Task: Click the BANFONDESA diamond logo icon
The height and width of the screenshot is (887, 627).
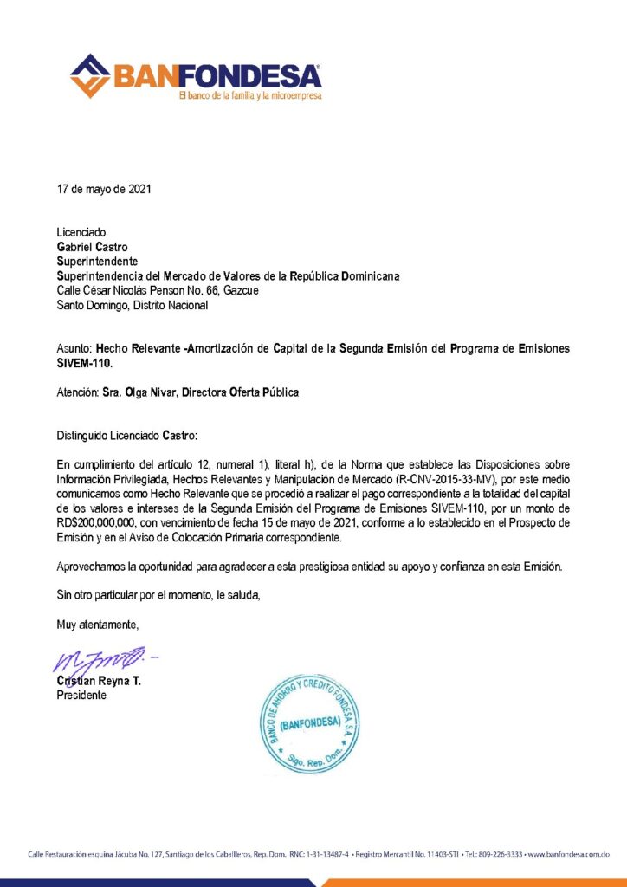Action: tap(91, 75)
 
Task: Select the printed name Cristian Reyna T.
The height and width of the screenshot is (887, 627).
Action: tap(99, 682)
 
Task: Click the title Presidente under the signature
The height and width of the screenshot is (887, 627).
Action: tap(82, 695)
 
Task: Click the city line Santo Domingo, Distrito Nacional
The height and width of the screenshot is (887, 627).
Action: tap(132, 304)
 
